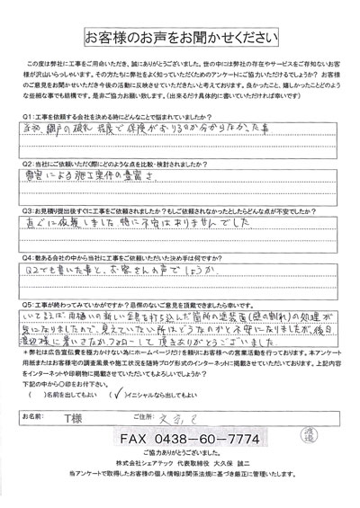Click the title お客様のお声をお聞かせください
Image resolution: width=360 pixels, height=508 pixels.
(x=179, y=39)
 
